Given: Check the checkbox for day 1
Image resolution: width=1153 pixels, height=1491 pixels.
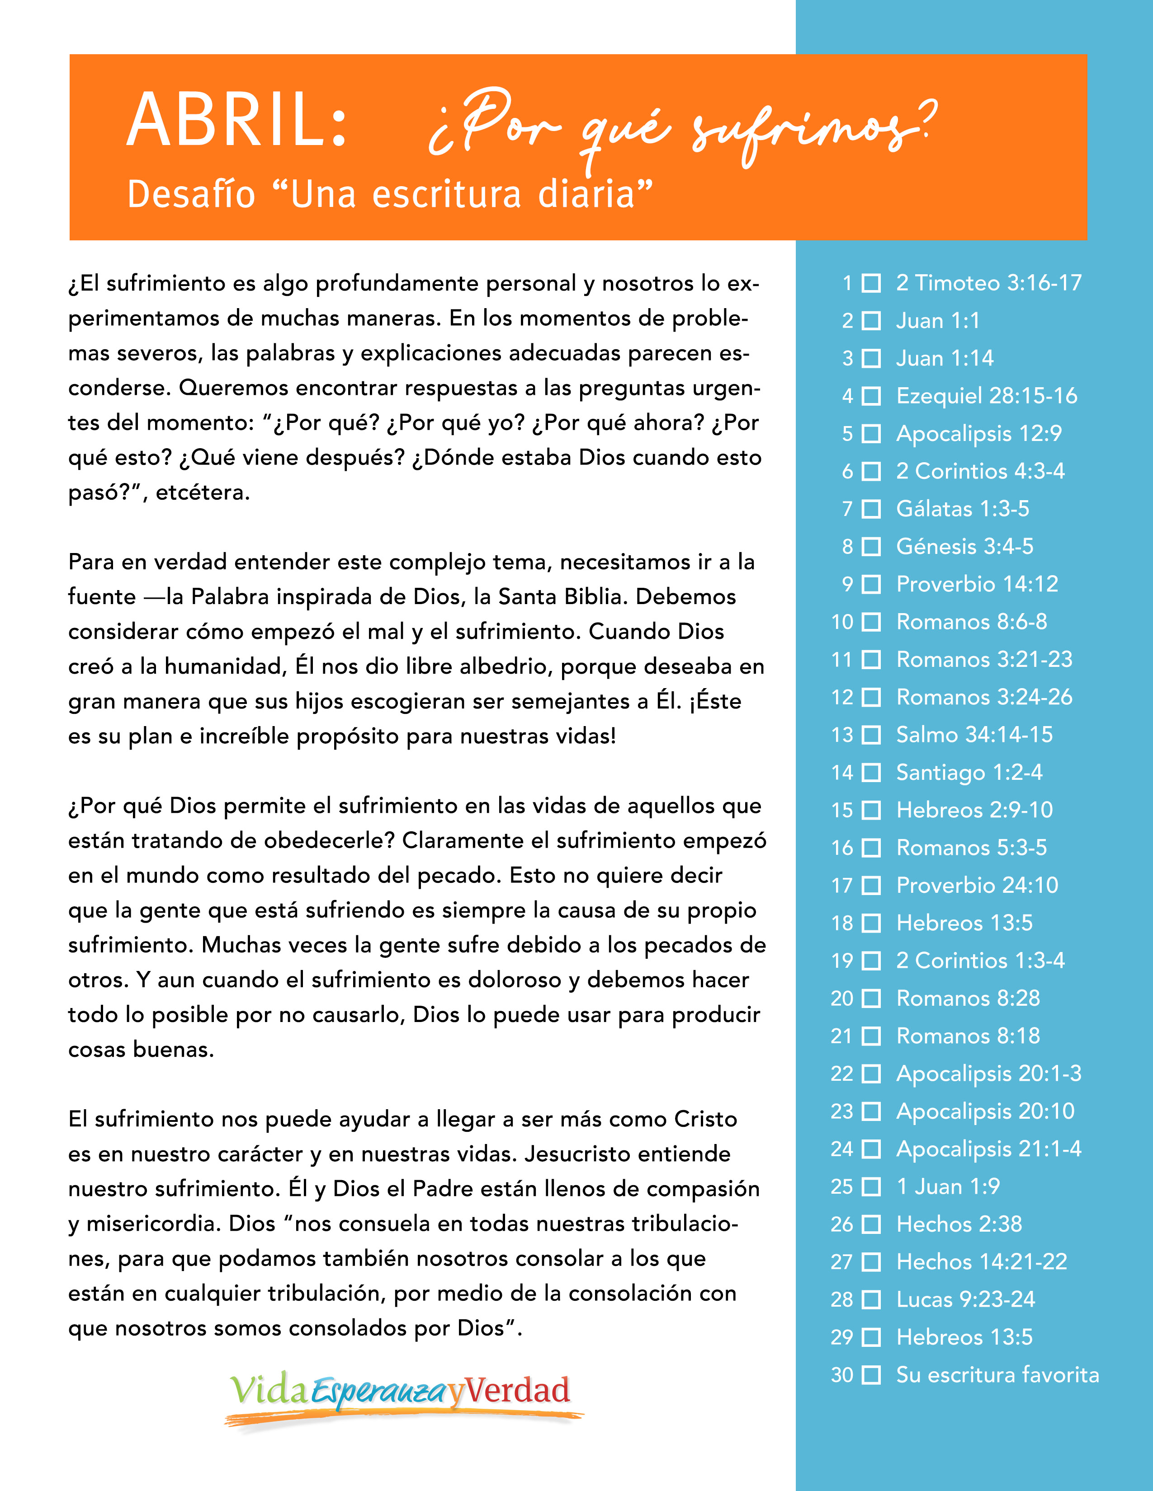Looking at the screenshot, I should pyautogui.click(x=871, y=283).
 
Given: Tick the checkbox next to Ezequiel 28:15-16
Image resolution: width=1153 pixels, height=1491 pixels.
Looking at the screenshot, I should pyautogui.click(x=871, y=396).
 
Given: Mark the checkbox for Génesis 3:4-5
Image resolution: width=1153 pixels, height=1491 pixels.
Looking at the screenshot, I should pyautogui.click(x=871, y=547).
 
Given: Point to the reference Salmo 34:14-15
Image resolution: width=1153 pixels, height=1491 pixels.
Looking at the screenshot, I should pyautogui.click(x=974, y=735).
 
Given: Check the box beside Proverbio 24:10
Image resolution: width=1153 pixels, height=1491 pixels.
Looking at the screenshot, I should pyautogui.click(x=871, y=886).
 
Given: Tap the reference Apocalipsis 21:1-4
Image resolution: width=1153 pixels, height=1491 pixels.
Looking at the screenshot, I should pyautogui.click(x=988, y=1149).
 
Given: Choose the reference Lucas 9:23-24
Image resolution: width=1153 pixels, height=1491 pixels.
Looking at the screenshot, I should pyautogui.click(x=965, y=1299).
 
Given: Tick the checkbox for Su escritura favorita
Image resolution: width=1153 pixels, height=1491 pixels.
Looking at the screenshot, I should pyautogui.click(x=871, y=1375).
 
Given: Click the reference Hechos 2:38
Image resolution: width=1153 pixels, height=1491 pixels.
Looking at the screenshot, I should pyautogui.click(x=959, y=1224).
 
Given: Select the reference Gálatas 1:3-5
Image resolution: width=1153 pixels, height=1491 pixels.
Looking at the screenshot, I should pyautogui.click(x=963, y=509).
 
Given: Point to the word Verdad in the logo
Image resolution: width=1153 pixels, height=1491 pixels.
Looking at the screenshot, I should pyautogui.click(x=518, y=1391).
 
